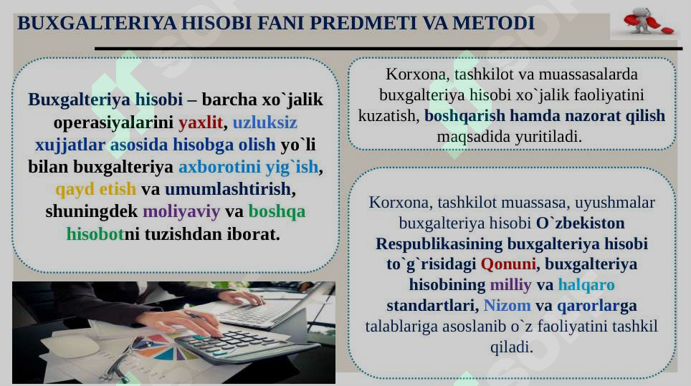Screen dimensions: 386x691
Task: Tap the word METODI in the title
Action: pyautogui.click(x=494, y=23)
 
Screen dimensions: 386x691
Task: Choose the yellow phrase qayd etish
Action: pyautogui.click(x=95, y=190)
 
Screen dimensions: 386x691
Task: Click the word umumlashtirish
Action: pyautogui.click(x=229, y=190)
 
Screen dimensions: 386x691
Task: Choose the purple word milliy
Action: pyautogui.click(x=510, y=284)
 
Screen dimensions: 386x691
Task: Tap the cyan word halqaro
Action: pyautogui.click(x=586, y=284)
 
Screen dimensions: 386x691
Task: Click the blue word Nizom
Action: pyautogui.click(x=507, y=305)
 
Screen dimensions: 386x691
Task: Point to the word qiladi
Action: pyautogui.click(x=510, y=347)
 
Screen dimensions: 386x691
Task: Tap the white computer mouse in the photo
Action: pyautogui.click(x=70, y=347)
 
